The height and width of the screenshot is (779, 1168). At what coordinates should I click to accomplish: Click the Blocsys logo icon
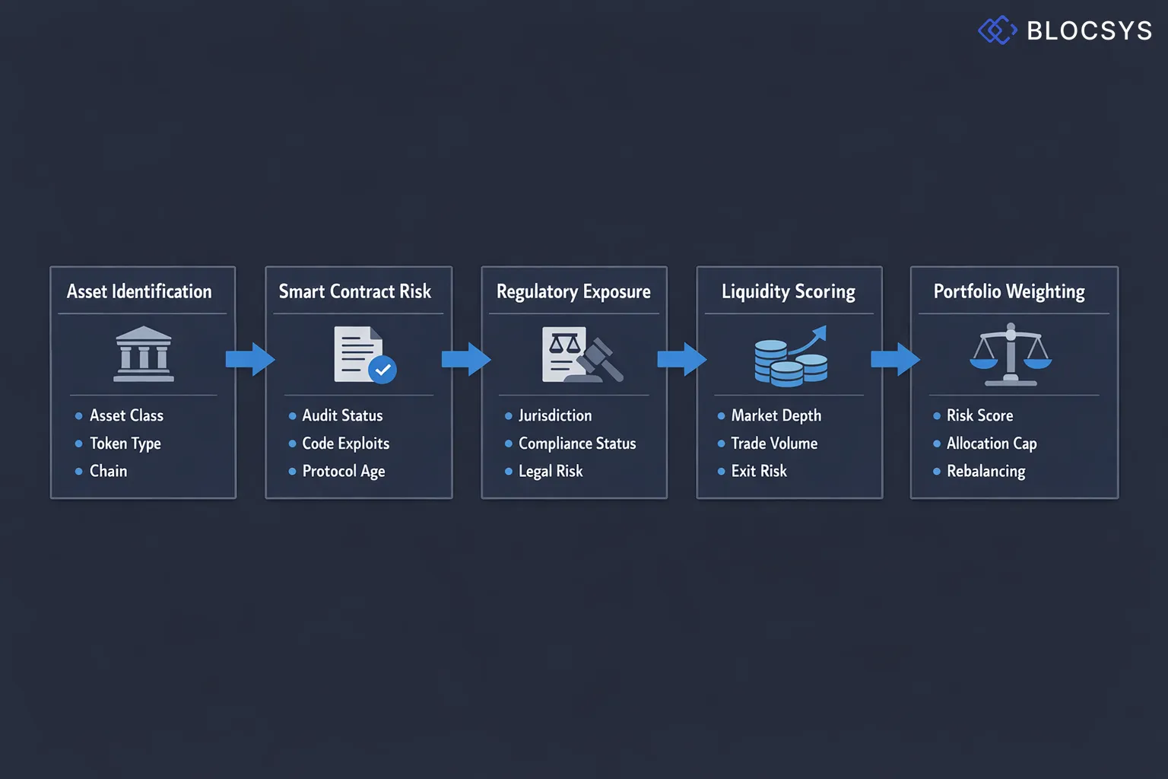997,30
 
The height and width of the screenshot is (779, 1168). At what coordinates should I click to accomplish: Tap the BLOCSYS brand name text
1089,31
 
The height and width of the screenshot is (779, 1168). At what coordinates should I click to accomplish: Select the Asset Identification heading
139,291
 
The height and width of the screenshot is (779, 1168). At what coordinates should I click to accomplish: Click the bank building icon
143,355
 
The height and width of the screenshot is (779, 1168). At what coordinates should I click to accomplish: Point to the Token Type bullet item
125,444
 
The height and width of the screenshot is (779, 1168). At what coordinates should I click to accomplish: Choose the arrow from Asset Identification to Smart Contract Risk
250,359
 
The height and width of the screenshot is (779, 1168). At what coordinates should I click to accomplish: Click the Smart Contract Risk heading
354,291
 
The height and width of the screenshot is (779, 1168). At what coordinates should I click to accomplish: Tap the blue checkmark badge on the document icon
382,370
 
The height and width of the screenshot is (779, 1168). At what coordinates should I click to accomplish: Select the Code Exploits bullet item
345,444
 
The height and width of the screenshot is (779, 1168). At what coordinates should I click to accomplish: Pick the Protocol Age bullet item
343,472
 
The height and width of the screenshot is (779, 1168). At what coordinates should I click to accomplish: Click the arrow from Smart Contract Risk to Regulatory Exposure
466,359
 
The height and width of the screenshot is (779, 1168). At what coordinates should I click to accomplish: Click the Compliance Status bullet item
576,444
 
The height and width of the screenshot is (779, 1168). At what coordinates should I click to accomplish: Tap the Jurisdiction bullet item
554,415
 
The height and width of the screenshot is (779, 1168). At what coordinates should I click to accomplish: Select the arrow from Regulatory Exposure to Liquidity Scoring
681,359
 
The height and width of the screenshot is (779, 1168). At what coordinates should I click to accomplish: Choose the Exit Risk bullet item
758,472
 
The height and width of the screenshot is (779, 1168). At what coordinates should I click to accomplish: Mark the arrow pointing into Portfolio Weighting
895,359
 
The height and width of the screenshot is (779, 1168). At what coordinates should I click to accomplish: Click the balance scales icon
1011,355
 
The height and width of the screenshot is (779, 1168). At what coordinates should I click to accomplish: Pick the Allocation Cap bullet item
991,444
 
